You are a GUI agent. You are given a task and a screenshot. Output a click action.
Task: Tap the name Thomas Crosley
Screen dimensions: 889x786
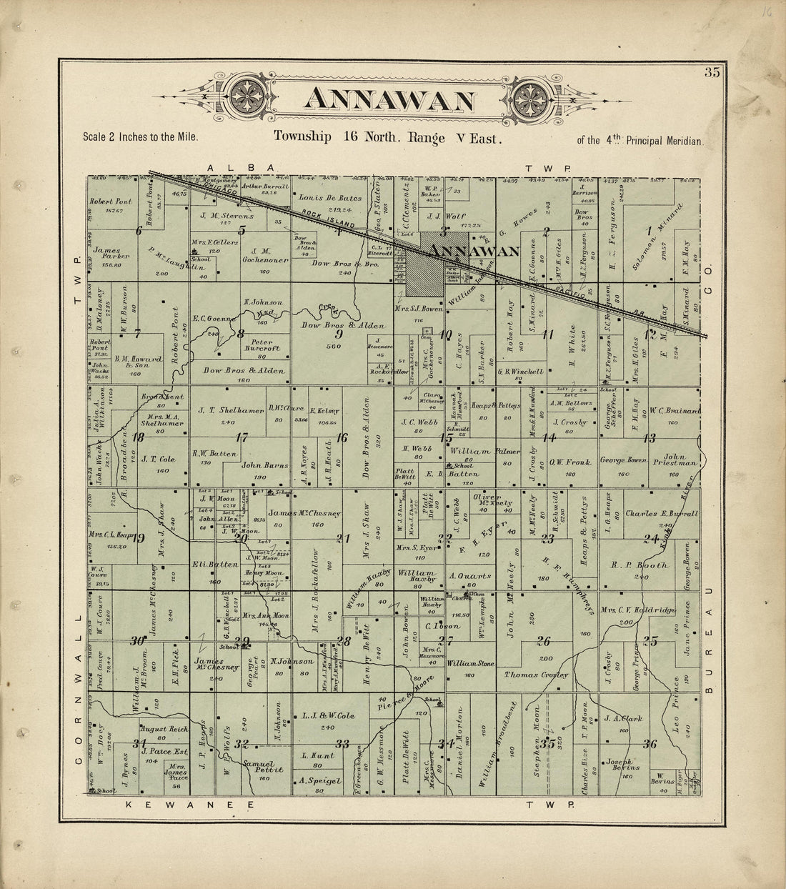coord(536,675)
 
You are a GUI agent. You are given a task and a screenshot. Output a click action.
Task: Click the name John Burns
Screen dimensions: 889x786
coord(265,465)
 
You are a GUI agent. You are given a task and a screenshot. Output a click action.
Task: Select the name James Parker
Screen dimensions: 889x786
coord(109,254)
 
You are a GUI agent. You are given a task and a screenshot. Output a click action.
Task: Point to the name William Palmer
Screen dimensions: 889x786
coord(479,451)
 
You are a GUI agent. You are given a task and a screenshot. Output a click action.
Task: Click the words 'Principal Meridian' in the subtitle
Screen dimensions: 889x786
coord(665,141)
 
